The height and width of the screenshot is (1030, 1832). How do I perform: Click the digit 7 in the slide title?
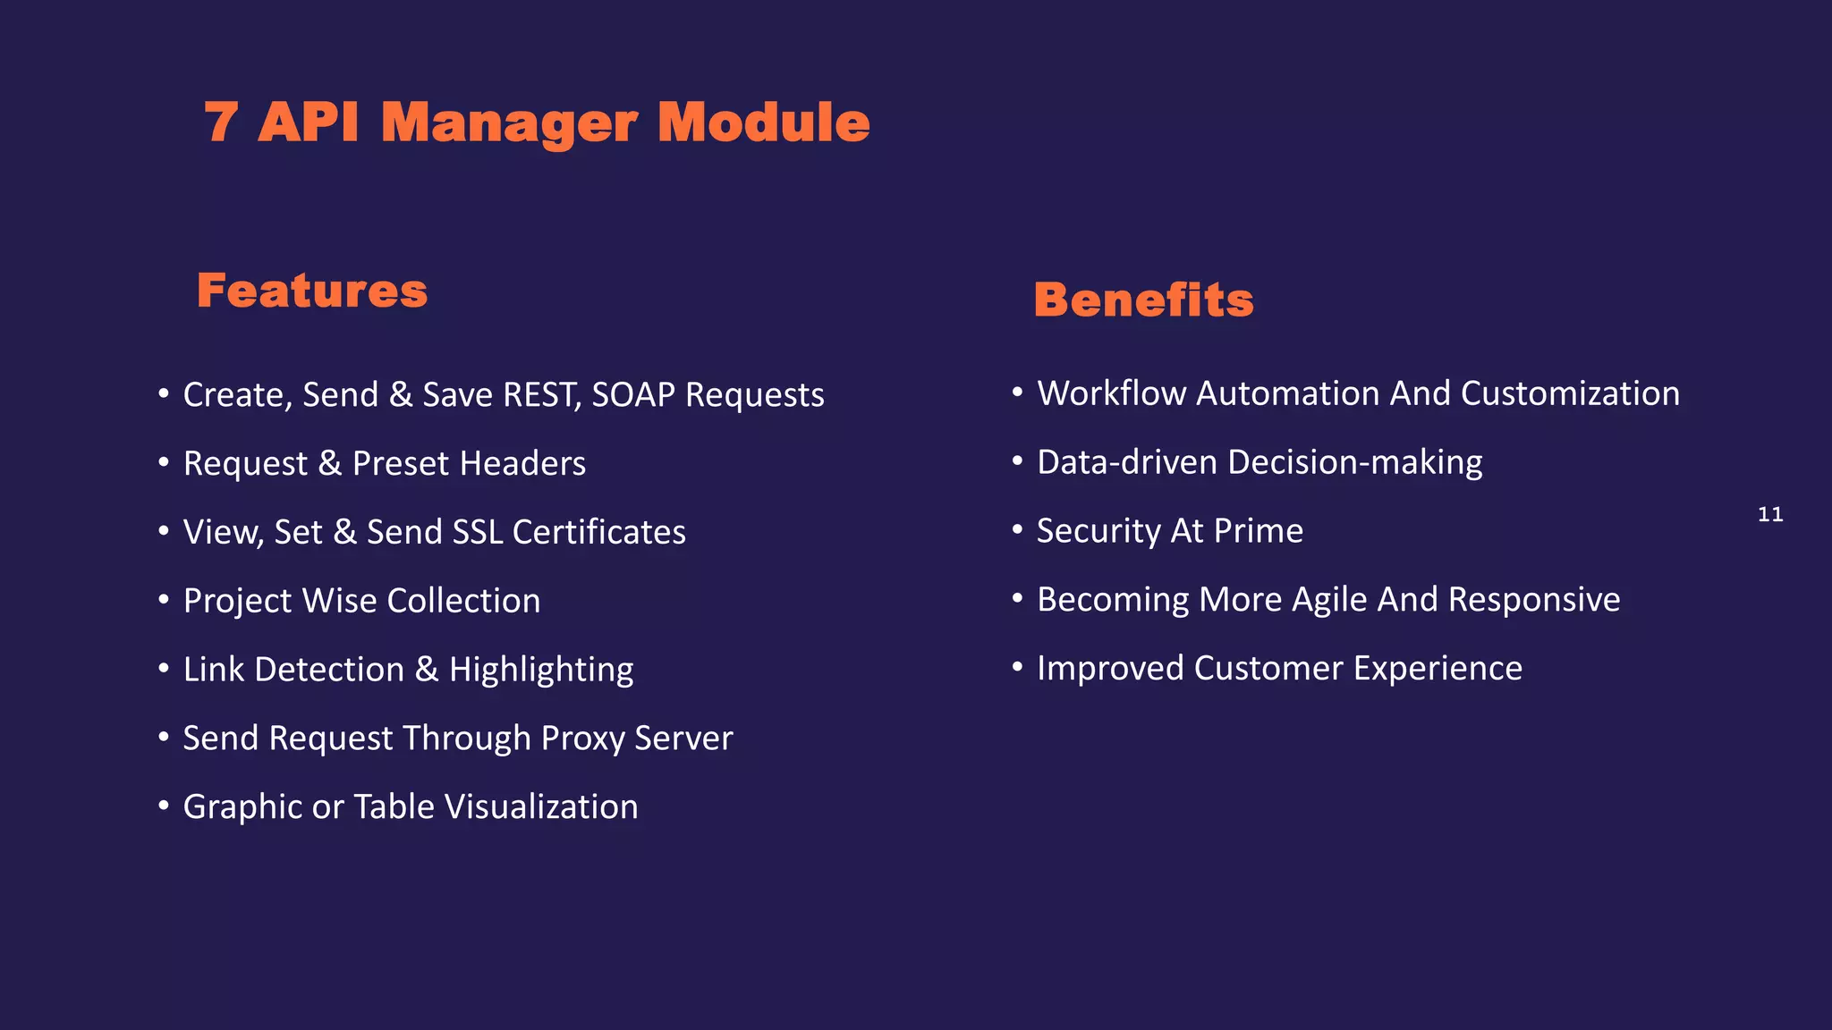pyautogui.click(x=221, y=122)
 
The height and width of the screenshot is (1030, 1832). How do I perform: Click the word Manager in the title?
pyautogui.click(x=509, y=122)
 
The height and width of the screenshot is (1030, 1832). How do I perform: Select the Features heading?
pyautogui.click(x=312, y=291)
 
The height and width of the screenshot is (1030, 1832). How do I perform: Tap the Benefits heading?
pyautogui.click(x=1143, y=300)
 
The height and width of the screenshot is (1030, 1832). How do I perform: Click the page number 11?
pyautogui.click(x=1770, y=514)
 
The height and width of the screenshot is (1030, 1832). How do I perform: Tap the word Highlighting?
pyautogui.click(x=541, y=670)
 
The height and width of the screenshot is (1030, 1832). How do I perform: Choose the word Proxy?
pyautogui.click(x=582, y=739)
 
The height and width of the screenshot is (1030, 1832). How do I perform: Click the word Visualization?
pyautogui.click(x=541, y=807)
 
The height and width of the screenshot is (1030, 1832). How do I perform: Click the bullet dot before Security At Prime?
pyautogui.click(x=1017, y=529)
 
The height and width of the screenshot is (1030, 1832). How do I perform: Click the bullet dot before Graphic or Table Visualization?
pyautogui.click(x=164, y=806)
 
